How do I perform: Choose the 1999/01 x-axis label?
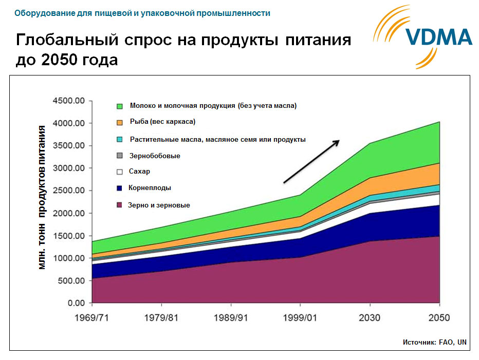pos(301,318)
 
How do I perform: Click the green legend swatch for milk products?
pos(120,106)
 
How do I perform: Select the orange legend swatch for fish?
pos(120,122)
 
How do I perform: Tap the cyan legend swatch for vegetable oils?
pos(120,139)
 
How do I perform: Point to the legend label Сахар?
pos(140,172)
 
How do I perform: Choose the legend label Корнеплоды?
pos(151,188)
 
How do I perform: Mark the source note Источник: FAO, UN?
pos(435,342)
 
